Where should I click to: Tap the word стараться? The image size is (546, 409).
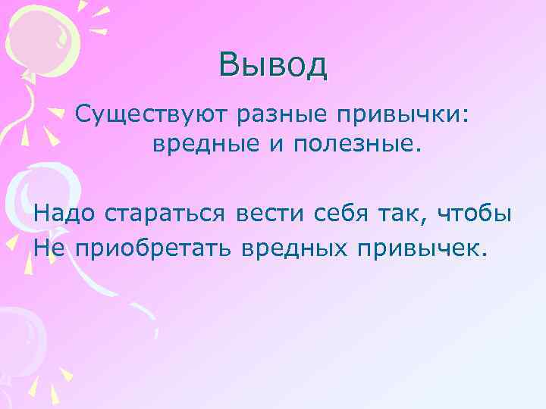click(x=165, y=215)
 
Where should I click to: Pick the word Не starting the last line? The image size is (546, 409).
click(x=49, y=246)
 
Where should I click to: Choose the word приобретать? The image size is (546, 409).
click(x=154, y=246)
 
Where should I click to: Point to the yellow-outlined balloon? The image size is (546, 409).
click(x=42, y=38)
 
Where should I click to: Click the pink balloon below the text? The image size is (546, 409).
click(x=19, y=333)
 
